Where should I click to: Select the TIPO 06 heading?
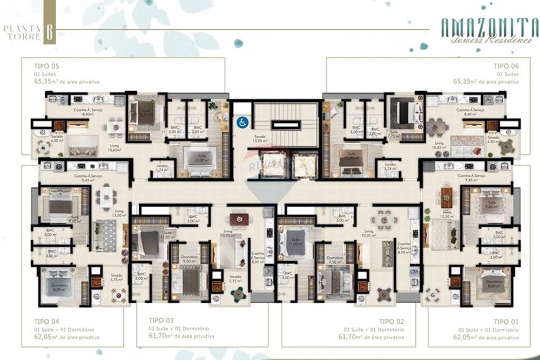[x=506, y=66]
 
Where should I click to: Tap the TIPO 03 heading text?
[x=161, y=320]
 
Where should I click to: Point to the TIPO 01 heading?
[x=506, y=321]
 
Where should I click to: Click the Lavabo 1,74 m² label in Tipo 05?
[x=160, y=167]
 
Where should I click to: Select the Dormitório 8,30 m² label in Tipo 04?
[x=59, y=287]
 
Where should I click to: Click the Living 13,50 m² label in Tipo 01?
[x=447, y=214]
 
